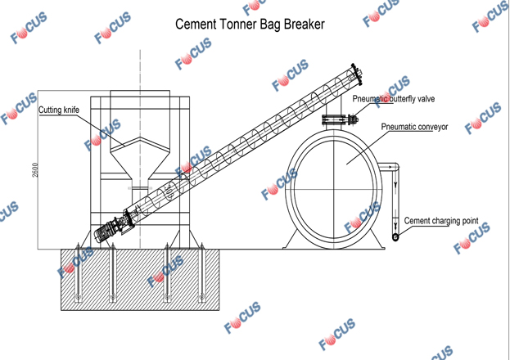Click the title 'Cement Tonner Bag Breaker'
[250, 25]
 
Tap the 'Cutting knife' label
[59, 110]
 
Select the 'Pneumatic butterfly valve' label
[394, 98]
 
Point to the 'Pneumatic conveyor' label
[414, 127]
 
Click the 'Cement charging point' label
[441, 221]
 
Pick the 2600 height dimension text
[35, 169]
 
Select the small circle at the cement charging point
[395, 237]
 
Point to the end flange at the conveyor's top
[357, 74]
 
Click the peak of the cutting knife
[140, 137]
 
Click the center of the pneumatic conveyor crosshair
[334, 188]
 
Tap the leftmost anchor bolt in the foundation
[78, 272]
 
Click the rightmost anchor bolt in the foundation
[201, 272]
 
